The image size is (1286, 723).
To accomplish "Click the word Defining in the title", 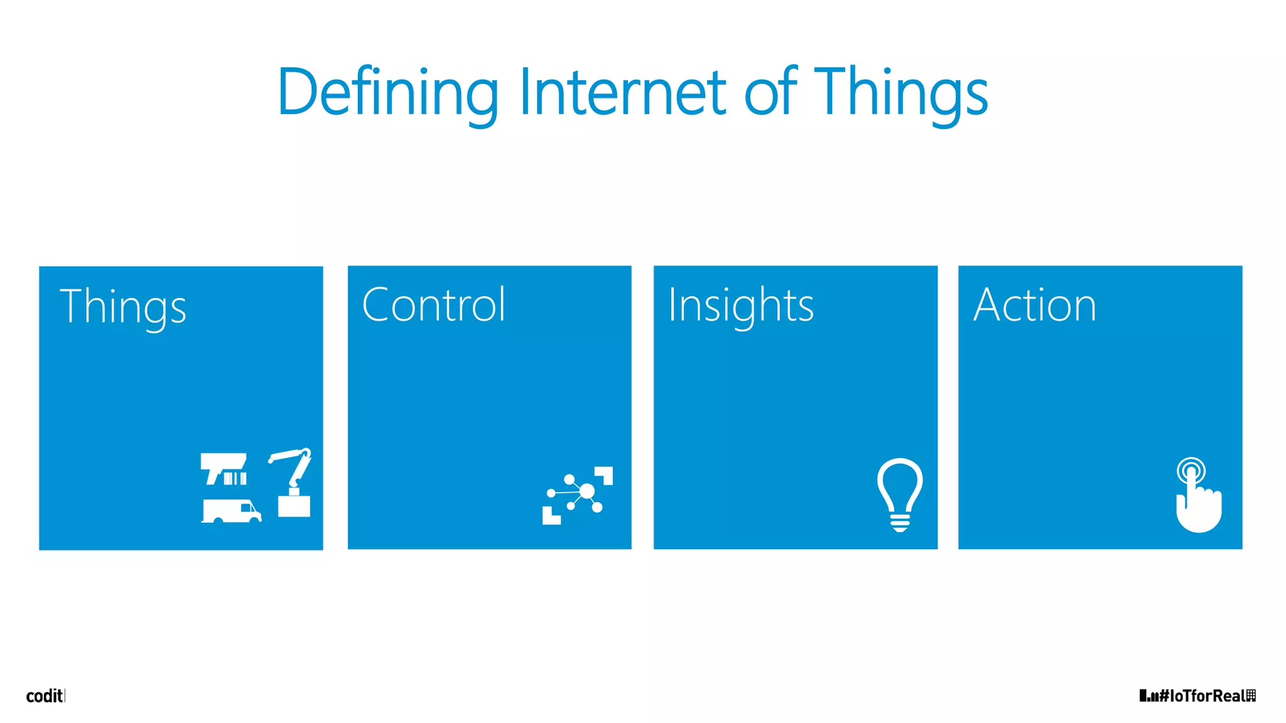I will pyautogui.click(x=387, y=93).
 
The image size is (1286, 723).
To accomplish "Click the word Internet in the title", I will pyautogui.click(x=622, y=93).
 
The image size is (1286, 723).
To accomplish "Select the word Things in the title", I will pyautogui.click(x=901, y=93).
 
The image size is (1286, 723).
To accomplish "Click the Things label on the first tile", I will pyautogui.click(x=123, y=307).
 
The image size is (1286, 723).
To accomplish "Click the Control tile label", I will pyautogui.click(x=433, y=305).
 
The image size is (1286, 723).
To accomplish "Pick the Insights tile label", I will pyautogui.click(x=740, y=306).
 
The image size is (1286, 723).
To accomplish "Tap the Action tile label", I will pyautogui.click(x=1034, y=305).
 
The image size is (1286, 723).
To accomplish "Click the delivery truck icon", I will pyautogui.click(x=231, y=511).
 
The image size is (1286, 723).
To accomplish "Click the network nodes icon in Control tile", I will pyautogui.click(x=577, y=495).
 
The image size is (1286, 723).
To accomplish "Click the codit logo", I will pyautogui.click(x=45, y=695).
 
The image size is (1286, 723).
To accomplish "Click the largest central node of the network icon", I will pyautogui.click(x=586, y=491).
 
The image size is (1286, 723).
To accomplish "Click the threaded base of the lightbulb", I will pyautogui.click(x=900, y=522).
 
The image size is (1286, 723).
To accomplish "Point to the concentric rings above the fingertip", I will pyautogui.click(x=1191, y=469).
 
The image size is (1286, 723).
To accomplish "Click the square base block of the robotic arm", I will pyautogui.click(x=294, y=506).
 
